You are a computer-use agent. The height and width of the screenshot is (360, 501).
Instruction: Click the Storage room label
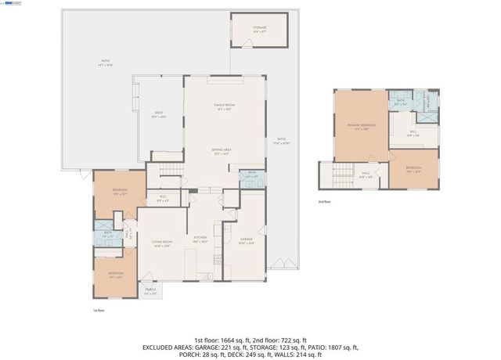(x=259, y=29)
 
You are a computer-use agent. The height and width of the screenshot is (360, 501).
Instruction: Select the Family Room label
(x=225, y=106)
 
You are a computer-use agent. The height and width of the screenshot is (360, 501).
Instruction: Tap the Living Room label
(x=162, y=244)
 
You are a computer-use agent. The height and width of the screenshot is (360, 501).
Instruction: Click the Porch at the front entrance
(x=150, y=293)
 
